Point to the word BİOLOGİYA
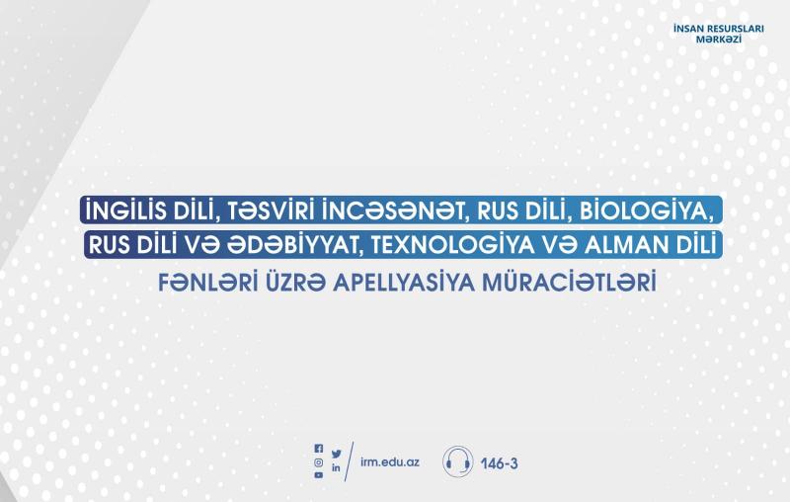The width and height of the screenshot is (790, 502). pyautogui.click(x=647, y=210)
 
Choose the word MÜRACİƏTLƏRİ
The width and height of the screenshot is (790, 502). pyautogui.click(x=570, y=283)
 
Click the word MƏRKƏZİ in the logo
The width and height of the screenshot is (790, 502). pyautogui.click(x=719, y=39)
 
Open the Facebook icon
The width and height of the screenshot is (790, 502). pyautogui.click(x=318, y=448)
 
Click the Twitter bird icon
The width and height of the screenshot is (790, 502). pyautogui.click(x=336, y=455)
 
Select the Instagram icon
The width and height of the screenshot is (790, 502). pyautogui.click(x=318, y=462)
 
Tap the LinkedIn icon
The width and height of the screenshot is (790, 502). pyautogui.click(x=336, y=467)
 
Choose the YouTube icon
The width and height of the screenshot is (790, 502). pyautogui.click(x=318, y=475)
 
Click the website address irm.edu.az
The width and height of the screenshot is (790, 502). pyautogui.click(x=390, y=462)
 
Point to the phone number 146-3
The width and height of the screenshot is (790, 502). pyautogui.click(x=499, y=463)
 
